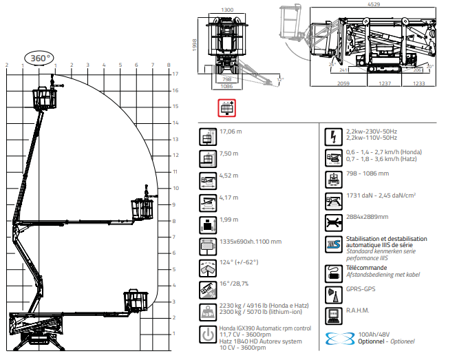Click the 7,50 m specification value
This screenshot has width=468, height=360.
229,153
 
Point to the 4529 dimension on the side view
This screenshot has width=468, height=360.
374,4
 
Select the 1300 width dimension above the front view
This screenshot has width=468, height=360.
228,10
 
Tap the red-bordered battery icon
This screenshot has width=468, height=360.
226,108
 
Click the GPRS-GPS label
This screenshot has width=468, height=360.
361,290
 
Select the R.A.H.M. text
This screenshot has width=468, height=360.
359,311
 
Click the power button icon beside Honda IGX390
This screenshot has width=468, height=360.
206,334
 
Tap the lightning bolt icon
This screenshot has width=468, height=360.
333,135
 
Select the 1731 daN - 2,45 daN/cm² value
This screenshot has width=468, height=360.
381,196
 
